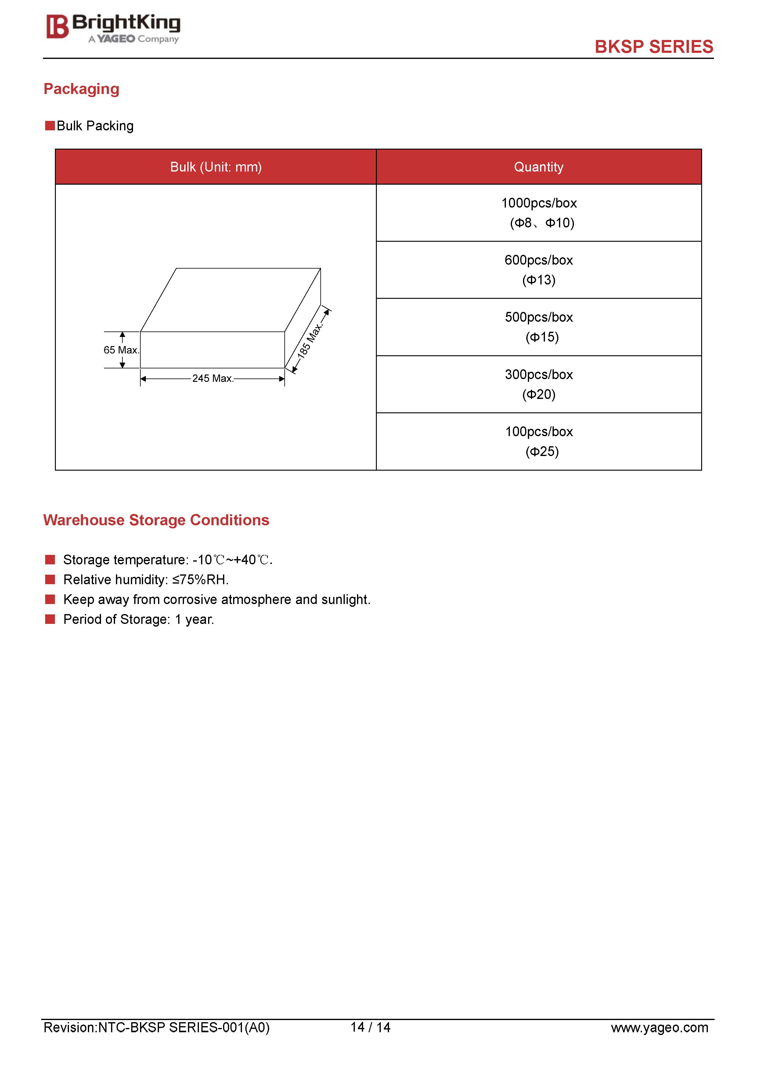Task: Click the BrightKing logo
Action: (x=113, y=28)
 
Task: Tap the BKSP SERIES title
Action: (x=654, y=47)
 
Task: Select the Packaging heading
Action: (x=82, y=89)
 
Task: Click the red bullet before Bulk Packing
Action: (x=50, y=126)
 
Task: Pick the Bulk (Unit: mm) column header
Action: (x=216, y=167)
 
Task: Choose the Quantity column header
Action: (x=539, y=167)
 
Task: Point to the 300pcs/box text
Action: (x=539, y=374)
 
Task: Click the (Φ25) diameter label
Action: (x=542, y=451)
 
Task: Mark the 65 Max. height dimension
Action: (x=121, y=350)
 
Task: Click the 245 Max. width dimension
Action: (x=213, y=378)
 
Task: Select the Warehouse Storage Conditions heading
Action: (x=156, y=520)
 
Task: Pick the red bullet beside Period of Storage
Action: (x=50, y=619)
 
